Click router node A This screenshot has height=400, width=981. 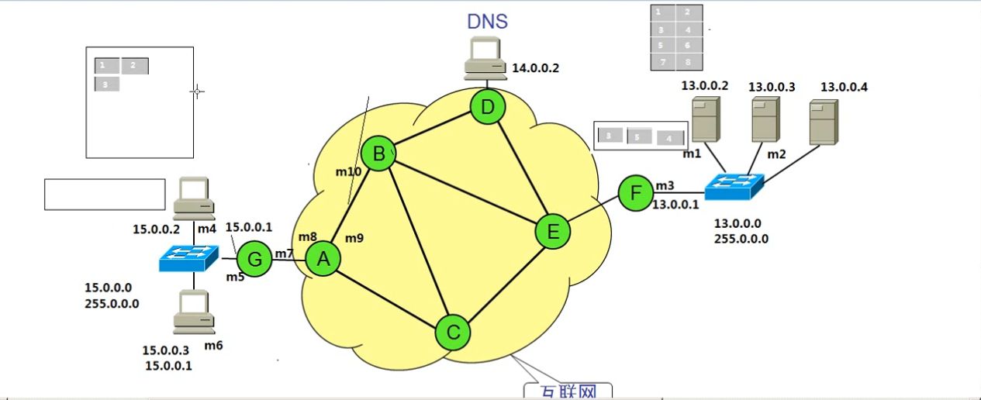click(324, 260)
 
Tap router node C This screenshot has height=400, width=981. click(453, 333)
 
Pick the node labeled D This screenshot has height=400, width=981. click(488, 107)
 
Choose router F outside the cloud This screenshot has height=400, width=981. click(636, 192)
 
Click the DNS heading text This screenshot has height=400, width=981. click(488, 21)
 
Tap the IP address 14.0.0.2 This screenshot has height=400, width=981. click(535, 68)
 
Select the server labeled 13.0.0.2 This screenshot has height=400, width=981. click(705, 120)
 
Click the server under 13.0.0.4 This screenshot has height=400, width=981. click(824, 122)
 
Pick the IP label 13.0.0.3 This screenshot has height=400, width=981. click(772, 87)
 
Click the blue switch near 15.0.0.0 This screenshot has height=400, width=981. click(188, 258)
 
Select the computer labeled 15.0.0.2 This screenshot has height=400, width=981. click(193, 198)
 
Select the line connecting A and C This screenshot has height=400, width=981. click(388, 295)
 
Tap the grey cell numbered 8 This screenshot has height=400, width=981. click(688, 61)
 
